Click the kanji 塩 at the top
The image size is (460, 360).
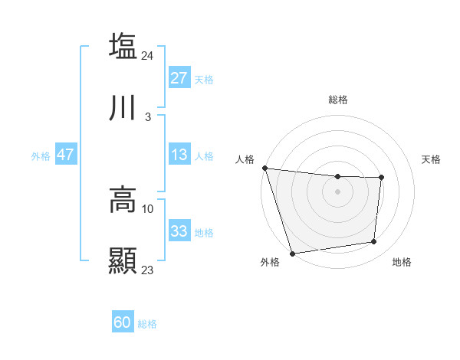[x=123, y=46]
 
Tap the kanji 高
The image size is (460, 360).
[x=123, y=198]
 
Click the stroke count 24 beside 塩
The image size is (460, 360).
[x=148, y=56]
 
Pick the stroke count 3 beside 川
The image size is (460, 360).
[x=148, y=117]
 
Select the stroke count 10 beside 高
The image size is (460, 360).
[x=148, y=208]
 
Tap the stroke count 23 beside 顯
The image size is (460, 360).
[x=148, y=270]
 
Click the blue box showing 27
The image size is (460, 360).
[x=179, y=78]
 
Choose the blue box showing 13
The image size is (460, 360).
[x=179, y=155]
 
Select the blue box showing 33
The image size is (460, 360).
[x=179, y=231]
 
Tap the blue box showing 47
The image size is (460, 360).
[x=66, y=155]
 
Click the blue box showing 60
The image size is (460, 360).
[x=123, y=322]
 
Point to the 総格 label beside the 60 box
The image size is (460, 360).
[x=147, y=324]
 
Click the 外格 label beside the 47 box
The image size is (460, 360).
[x=41, y=155]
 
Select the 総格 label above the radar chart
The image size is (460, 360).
[x=337, y=100]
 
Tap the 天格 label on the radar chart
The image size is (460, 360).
[x=432, y=159]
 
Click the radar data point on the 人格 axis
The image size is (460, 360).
[x=264, y=168]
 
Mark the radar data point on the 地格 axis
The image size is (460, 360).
[x=374, y=242]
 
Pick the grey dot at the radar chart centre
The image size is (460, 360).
[x=337, y=191]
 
